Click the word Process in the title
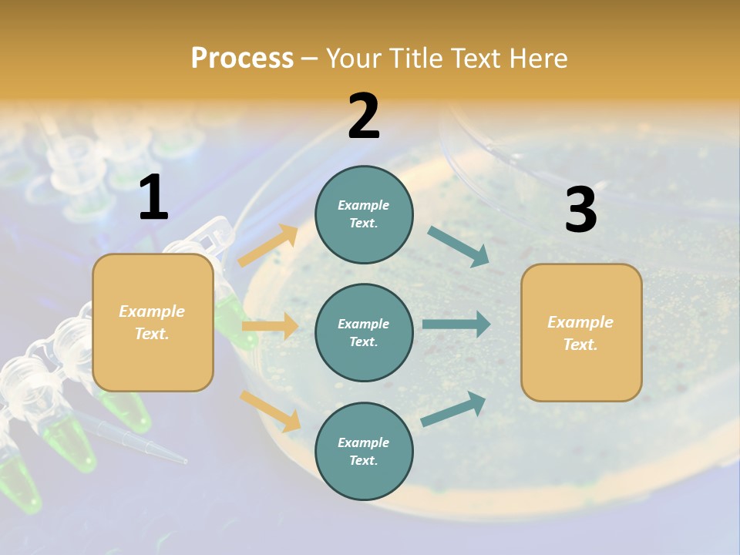(242, 58)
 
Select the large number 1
(153, 198)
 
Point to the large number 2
(364, 116)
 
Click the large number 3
(580, 210)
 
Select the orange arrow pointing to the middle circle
(271, 326)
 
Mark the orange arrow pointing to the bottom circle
(271, 410)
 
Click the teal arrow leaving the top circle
(459, 247)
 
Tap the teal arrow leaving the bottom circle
(454, 409)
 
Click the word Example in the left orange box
(152, 311)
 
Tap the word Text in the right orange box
(580, 345)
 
